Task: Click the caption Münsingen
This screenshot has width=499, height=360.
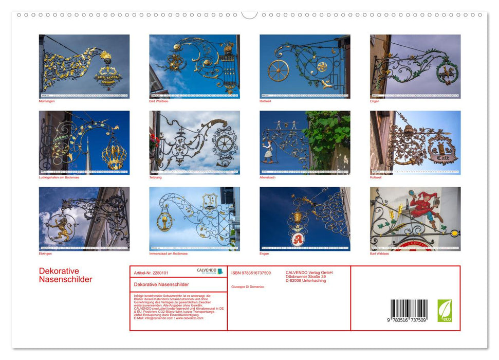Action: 47,101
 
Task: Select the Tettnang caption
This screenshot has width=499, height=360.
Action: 155,177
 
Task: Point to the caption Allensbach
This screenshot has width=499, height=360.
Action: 268,177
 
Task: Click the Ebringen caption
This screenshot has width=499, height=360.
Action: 45,254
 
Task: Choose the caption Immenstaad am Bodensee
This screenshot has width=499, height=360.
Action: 168,254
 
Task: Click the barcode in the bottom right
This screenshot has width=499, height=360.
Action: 409,311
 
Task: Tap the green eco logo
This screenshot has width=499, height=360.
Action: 445,311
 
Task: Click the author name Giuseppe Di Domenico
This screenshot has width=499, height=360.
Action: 248,286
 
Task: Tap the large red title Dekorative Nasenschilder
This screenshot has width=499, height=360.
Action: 65,275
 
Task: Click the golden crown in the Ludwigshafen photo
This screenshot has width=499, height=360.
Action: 113,155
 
